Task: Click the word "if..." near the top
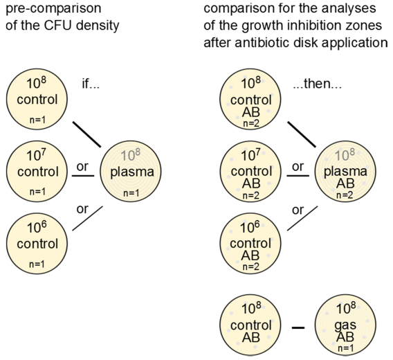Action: click(91, 84)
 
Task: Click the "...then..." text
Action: click(318, 84)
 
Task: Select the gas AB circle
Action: click(345, 325)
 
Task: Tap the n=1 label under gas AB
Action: click(345, 348)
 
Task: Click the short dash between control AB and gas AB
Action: click(298, 327)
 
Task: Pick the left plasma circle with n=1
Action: click(131, 171)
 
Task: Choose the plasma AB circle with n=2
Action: click(345, 171)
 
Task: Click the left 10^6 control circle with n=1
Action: click(37, 243)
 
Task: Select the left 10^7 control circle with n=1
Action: click(37, 171)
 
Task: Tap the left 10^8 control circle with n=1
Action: click(37, 99)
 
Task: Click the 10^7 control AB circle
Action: click(250, 171)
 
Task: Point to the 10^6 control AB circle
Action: click(250, 243)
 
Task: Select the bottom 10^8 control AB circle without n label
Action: click(250, 325)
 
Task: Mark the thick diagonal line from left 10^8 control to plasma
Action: click(86, 134)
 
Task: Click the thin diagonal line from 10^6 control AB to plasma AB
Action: click(302, 218)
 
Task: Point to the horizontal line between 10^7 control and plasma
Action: click(83, 176)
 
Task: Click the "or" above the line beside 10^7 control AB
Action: click(298, 167)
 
